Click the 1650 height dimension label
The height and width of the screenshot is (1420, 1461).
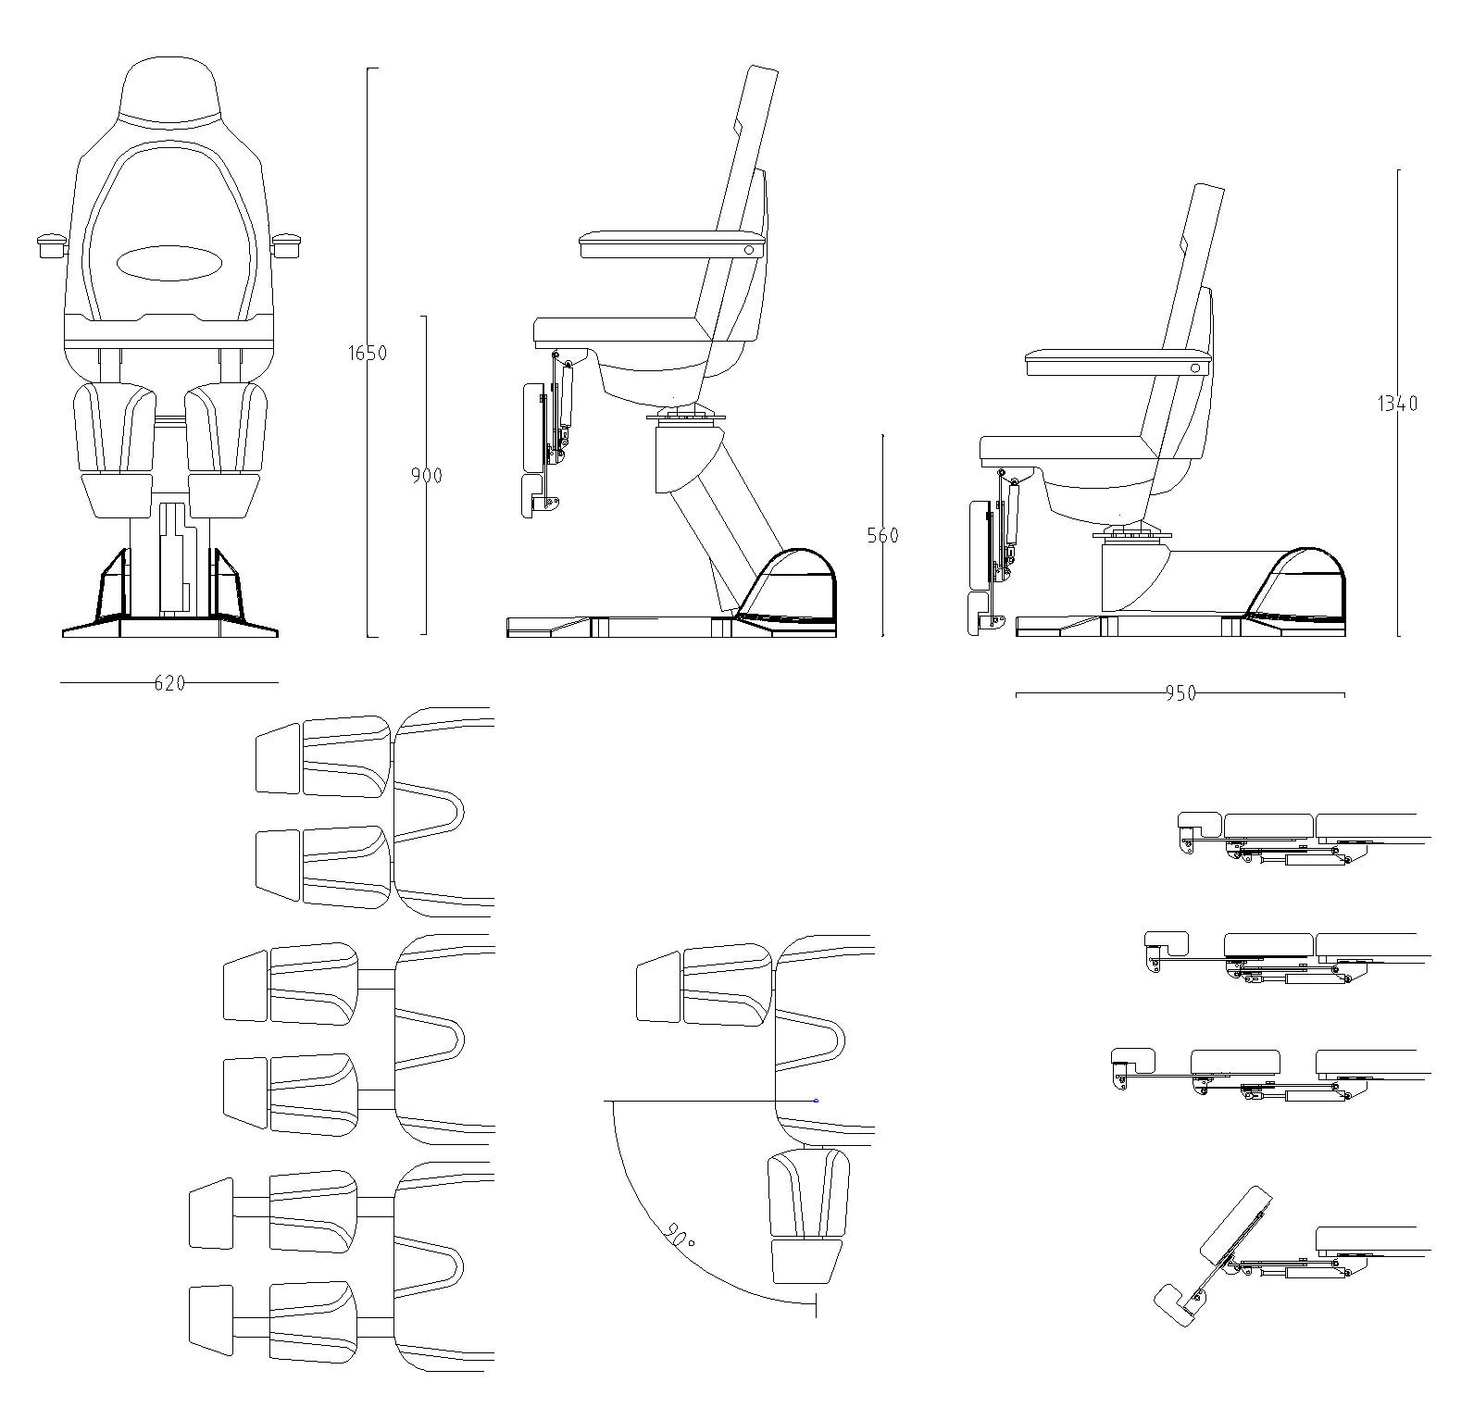(x=368, y=353)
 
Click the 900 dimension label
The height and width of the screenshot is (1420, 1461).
(x=427, y=476)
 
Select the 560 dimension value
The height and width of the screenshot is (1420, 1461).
(x=882, y=535)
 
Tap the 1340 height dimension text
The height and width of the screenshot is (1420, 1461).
(x=1397, y=404)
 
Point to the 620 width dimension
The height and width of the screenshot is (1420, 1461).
(x=169, y=683)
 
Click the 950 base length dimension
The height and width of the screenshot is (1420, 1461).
(x=1180, y=693)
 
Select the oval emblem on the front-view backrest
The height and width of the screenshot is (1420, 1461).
(x=169, y=263)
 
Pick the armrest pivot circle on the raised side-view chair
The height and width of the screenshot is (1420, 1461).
(x=748, y=249)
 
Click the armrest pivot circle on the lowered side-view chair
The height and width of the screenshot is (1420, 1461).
(x=1194, y=367)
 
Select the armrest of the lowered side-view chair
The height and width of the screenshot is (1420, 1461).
(x=1111, y=362)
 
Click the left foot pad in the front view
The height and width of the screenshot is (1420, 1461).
(x=118, y=495)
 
